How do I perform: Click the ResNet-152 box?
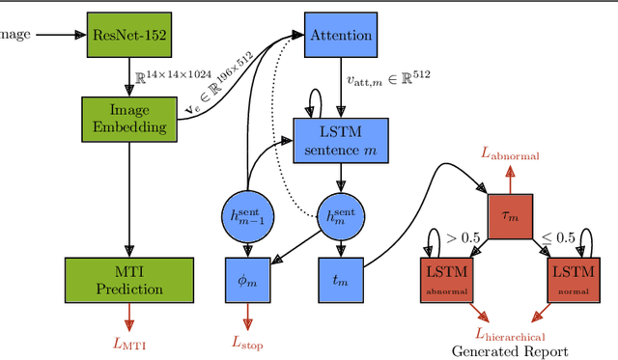tap(128, 35)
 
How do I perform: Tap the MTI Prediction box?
tap(128, 279)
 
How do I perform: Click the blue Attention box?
tap(340, 35)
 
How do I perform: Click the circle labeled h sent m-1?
tap(249, 213)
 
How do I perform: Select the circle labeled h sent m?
tap(341, 213)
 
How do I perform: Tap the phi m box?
tap(249, 279)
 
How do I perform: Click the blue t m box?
tap(341, 279)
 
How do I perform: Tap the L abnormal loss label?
tap(510, 154)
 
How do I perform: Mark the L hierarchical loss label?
tap(510, 335)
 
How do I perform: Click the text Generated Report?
tap(510, 351)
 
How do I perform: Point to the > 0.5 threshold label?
tap(463, 236)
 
